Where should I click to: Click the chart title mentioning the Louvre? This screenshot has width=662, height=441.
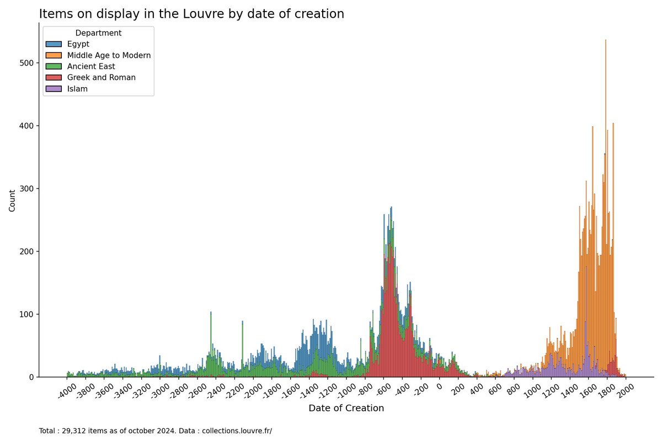pyautogui.click(x=191, y=14)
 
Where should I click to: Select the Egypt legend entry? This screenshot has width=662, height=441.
pyautogui.click(x=78, y=44)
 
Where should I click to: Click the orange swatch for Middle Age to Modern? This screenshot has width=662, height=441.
pyautogui.click(x=54, y=55)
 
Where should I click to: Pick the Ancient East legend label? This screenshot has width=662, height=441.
pyautogui.click(x=91, y=66)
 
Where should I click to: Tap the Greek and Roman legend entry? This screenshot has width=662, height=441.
pyautogui.click(x=101, y=77)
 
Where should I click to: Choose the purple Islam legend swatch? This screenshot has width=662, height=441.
pyautogui.click(x=54, y=88)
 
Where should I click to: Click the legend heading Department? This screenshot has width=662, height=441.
pyautogui.click(x=98, y=33)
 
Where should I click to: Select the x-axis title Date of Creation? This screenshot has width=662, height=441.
pyautogui.click(x=346, y=408)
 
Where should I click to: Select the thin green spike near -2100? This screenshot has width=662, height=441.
pyautogui.click(x=243, y=342)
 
